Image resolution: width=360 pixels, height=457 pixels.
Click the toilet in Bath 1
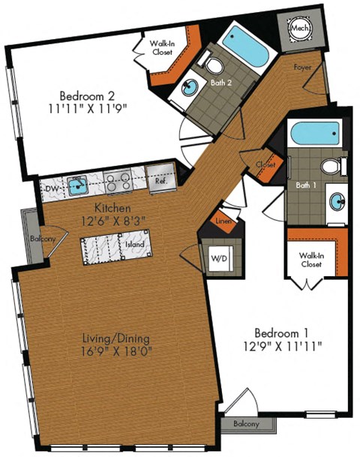pyautogui.click(x=330, y=166)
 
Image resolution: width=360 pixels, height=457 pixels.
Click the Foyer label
pyautogui.click(x=303, y=67)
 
